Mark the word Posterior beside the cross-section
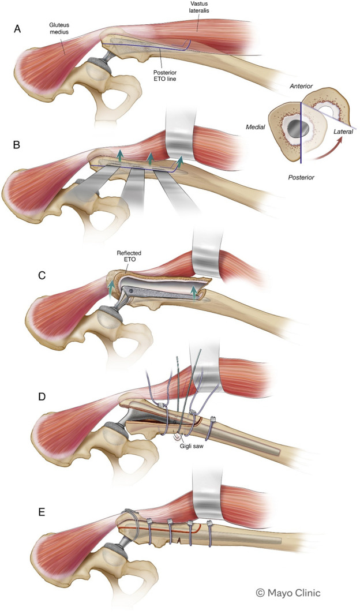click(x=302, y=177)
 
